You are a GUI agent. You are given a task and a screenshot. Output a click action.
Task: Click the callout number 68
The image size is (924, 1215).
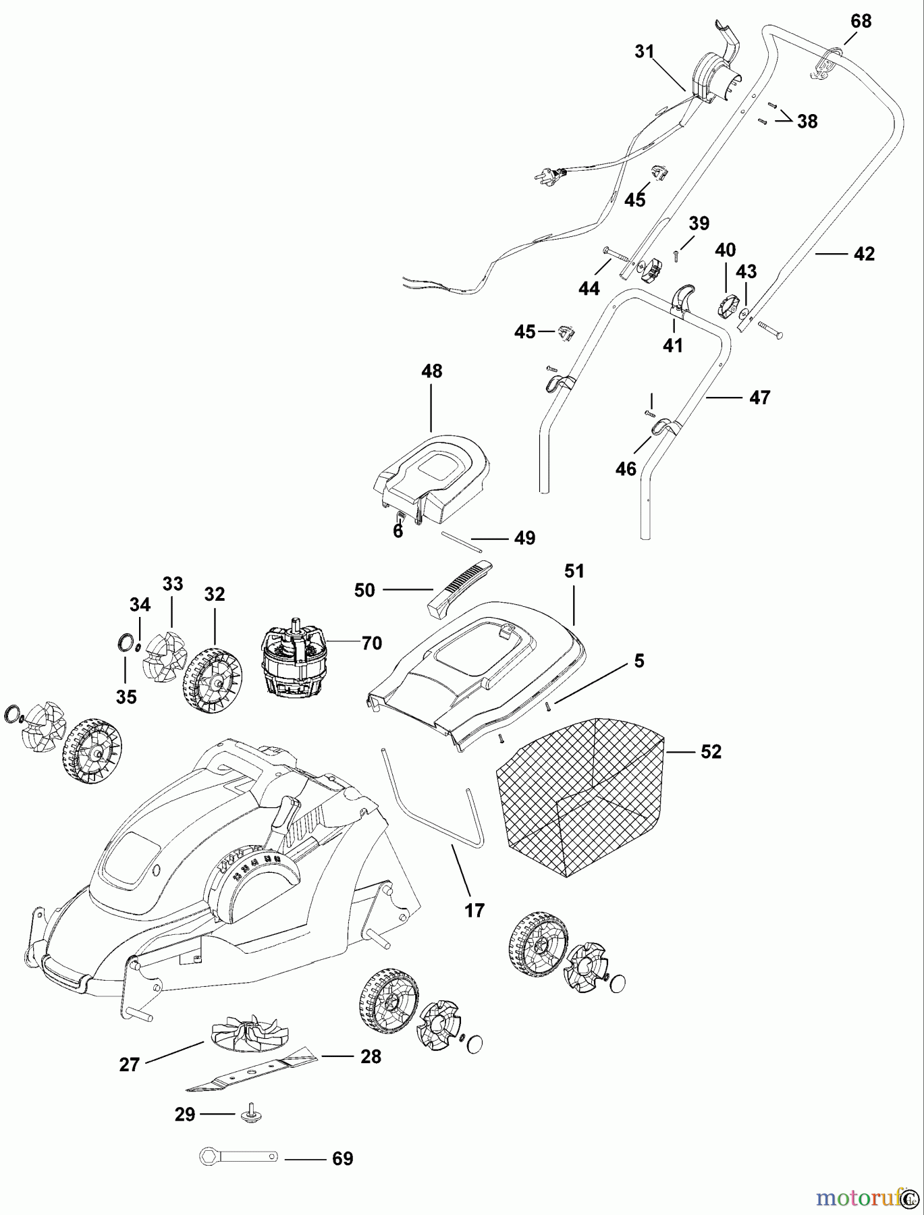861,21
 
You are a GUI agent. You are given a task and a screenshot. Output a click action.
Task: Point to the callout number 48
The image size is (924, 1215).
432,371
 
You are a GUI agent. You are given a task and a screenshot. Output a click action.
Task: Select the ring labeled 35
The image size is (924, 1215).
125,642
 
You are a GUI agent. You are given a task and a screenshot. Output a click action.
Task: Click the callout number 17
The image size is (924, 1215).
474,911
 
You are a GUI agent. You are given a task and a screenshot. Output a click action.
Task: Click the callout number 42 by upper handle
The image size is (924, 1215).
864,254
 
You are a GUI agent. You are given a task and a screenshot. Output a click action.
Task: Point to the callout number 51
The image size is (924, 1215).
574,572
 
